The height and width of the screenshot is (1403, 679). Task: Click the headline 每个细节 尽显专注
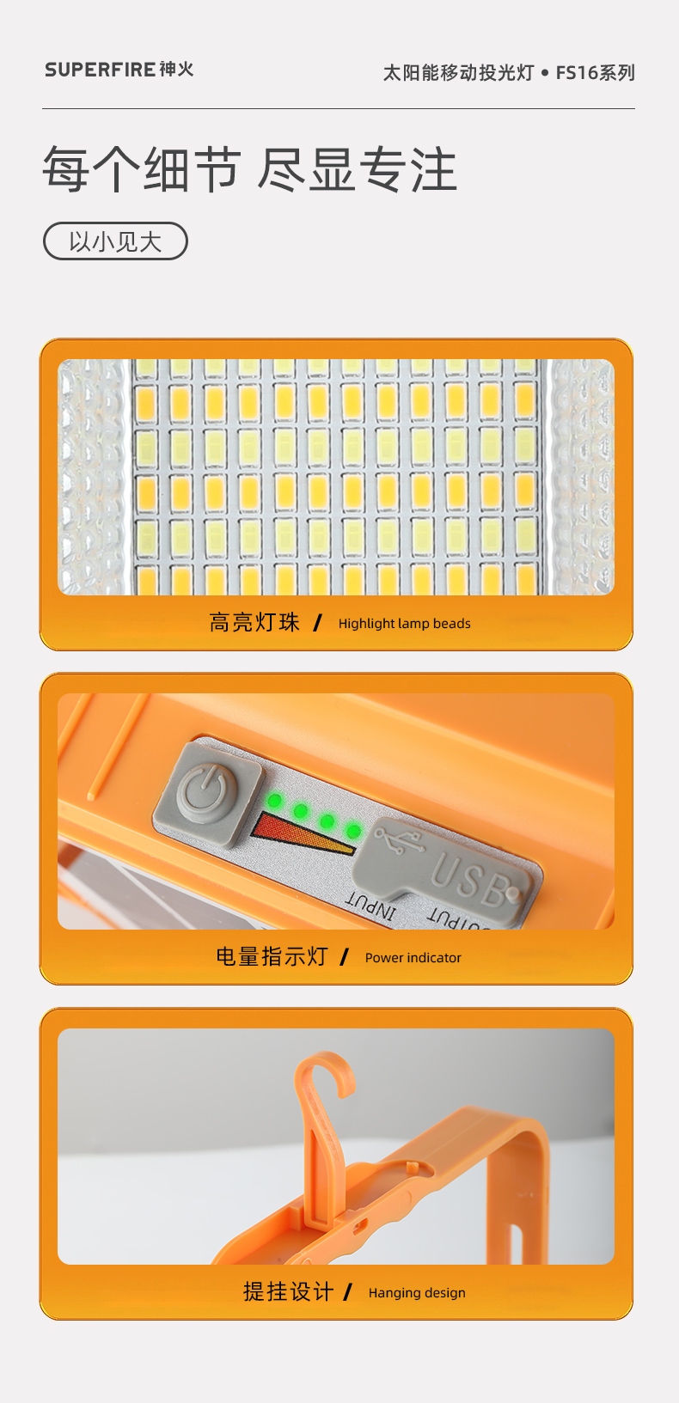click(x=249, y=169)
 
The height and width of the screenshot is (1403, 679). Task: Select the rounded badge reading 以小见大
click(x=115, y=241)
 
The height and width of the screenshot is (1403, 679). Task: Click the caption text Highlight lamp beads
click(x=404, y=624)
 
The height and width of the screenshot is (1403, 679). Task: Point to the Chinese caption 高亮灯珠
click(x=254, y=623)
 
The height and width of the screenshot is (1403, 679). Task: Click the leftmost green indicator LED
click(x=275, y=801)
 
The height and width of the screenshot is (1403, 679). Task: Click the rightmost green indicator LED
click(x=354, y=831)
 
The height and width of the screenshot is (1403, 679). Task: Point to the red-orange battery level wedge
click(x=295, y=833)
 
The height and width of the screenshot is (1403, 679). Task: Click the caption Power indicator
click(x=413, y=958)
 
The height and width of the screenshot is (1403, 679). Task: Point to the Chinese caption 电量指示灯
click(x=272, y=957)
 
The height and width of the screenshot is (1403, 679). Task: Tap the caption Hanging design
click(x=417, y=1293)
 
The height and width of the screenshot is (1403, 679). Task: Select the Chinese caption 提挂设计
click(x=288, y=1292)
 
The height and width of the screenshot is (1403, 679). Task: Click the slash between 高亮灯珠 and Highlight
click(x=318, y=623)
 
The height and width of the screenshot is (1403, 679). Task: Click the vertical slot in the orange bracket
click(x=517, y=1242)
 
